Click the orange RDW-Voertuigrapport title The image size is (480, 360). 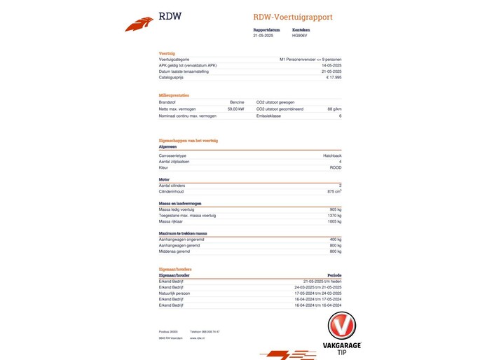pos(293,17)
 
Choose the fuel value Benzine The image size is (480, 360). pos(237,102)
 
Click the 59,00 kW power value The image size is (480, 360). pos(235,109)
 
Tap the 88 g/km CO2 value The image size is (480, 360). pos(334,109)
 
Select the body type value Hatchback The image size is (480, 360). pos(332,155)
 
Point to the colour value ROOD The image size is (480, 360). pos(336,167)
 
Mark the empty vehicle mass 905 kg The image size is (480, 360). pos(335,209)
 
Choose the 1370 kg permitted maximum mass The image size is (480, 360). pos(334,215)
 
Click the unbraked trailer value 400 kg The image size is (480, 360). pos(335,240)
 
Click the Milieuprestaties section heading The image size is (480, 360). pos(174,95)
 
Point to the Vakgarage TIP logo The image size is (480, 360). pos(342,334)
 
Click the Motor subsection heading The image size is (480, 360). pos(165,179)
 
